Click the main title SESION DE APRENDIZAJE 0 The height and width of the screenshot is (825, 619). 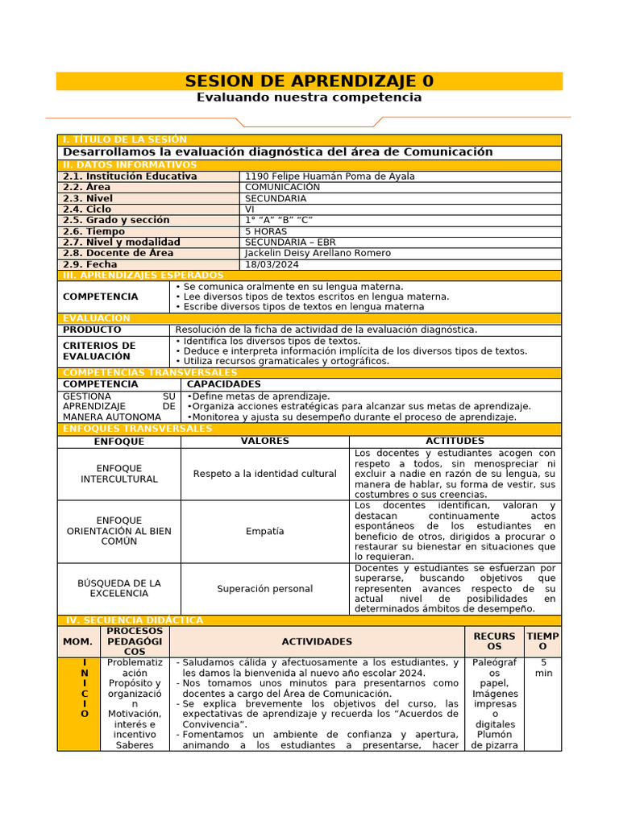[309, 81]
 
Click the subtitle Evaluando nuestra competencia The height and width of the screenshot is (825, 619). [309, 97]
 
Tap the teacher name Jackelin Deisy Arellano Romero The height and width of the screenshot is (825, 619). [318, 253]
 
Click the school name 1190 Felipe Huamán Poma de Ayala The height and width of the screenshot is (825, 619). [330, 176]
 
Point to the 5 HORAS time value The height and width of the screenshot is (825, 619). [265, 231]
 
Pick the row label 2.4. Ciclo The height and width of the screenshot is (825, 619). [87, 209]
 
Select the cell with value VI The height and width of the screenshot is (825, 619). [250, 209]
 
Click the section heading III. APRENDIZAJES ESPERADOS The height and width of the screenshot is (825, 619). [143, 276]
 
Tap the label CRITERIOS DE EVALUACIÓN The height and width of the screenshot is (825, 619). [99, 351]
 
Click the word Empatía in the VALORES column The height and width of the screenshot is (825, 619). [265, 532]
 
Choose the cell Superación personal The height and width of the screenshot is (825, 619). [265, 589]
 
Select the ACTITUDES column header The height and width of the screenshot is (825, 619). [455, 442]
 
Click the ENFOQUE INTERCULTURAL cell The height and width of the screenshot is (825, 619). [119, 474]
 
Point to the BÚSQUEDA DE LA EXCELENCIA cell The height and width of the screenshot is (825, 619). [119, 588]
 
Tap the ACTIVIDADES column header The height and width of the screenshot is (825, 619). [317, 641]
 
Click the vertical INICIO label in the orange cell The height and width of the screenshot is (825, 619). [85, 688]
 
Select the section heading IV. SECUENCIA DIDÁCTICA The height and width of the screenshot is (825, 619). [134, 620]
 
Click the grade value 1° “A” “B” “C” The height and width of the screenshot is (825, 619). [279, 220]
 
